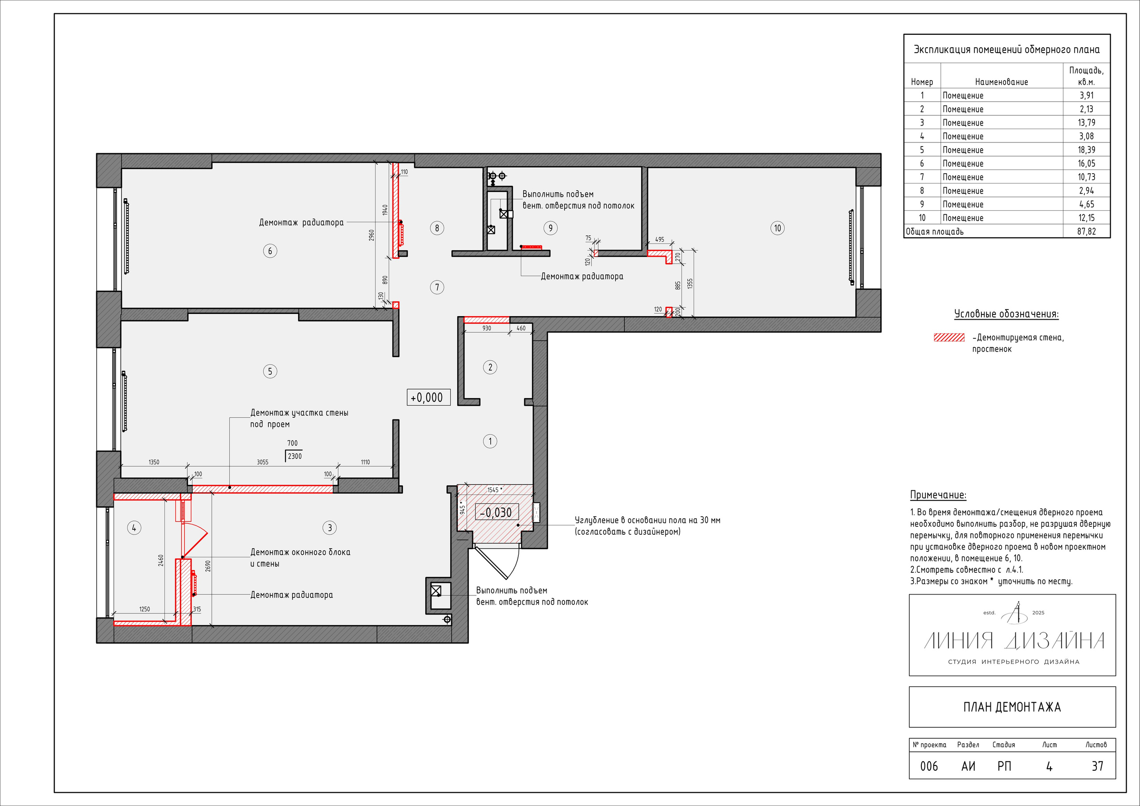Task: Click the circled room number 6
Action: [270, 251]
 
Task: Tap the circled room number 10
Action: [778, 228]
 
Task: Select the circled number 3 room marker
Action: [330, 527]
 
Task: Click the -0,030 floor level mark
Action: [497, 512]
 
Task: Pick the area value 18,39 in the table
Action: [1087, 150]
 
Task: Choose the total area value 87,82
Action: [1087, 232]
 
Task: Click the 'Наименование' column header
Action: [1002, 82]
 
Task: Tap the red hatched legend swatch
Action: [949, 338]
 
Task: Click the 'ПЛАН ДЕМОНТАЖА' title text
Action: [1012, 707]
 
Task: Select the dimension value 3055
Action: [263, 462]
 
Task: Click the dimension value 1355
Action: [690, 284]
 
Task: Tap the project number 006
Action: [929, 766]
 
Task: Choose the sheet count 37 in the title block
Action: [1097, 766]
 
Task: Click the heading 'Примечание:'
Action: [938, 495]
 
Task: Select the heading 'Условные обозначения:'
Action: [1006, 314]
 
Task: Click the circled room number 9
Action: [550, 228]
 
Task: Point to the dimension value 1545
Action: [493, 490]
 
